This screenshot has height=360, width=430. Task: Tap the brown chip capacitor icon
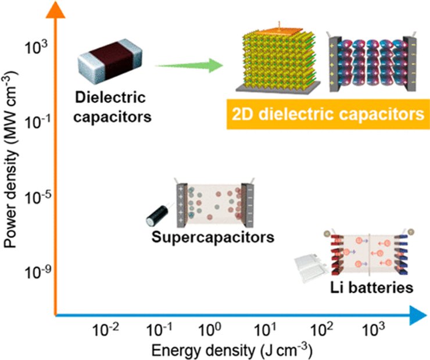click(110, 62)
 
